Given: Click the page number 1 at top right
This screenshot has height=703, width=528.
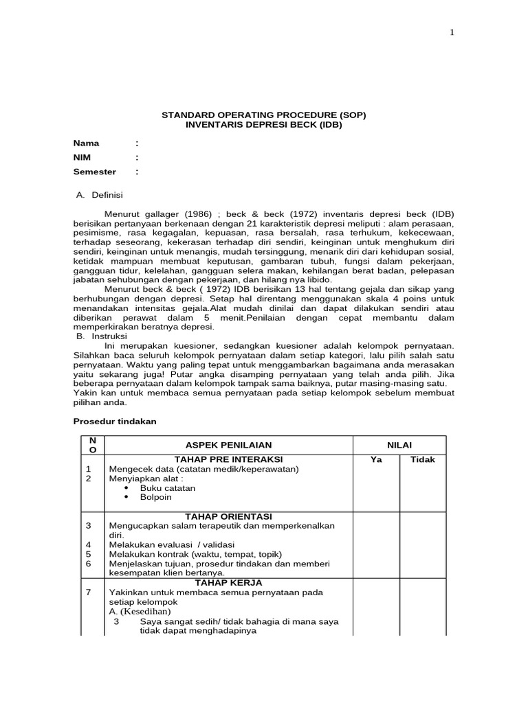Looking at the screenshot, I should click(x=452, y=32).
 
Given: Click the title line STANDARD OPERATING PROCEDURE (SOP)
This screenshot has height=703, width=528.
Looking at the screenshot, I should click(x=263, y=115).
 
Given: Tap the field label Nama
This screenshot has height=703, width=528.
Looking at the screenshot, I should click(x=87, y=143).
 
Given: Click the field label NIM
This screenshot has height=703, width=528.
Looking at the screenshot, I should click(x=82, y=158).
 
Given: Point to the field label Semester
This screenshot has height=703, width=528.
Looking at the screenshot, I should click(x=95, y=172).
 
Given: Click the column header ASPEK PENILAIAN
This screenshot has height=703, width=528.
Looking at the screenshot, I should click(x=229, y=445).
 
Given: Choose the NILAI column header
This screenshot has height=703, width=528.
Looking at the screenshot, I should click(x=399, y=445).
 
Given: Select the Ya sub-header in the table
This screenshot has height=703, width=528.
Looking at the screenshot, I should click(x=376, y=460).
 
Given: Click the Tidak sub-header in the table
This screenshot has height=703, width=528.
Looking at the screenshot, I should click(x=423, y=460).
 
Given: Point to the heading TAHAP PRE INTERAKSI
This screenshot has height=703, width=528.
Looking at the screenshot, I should click(x=229, y=459).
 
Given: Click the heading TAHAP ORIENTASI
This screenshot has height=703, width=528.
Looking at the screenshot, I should click(x=229, y=516).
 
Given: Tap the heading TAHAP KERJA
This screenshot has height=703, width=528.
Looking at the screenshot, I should click(x=229, y=581).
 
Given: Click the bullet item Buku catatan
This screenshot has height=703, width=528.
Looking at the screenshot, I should click(x=167, y=488).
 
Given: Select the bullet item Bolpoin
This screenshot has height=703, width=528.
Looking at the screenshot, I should click(x=155, y=497).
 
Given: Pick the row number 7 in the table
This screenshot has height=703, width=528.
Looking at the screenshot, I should click(x=88, y=592).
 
